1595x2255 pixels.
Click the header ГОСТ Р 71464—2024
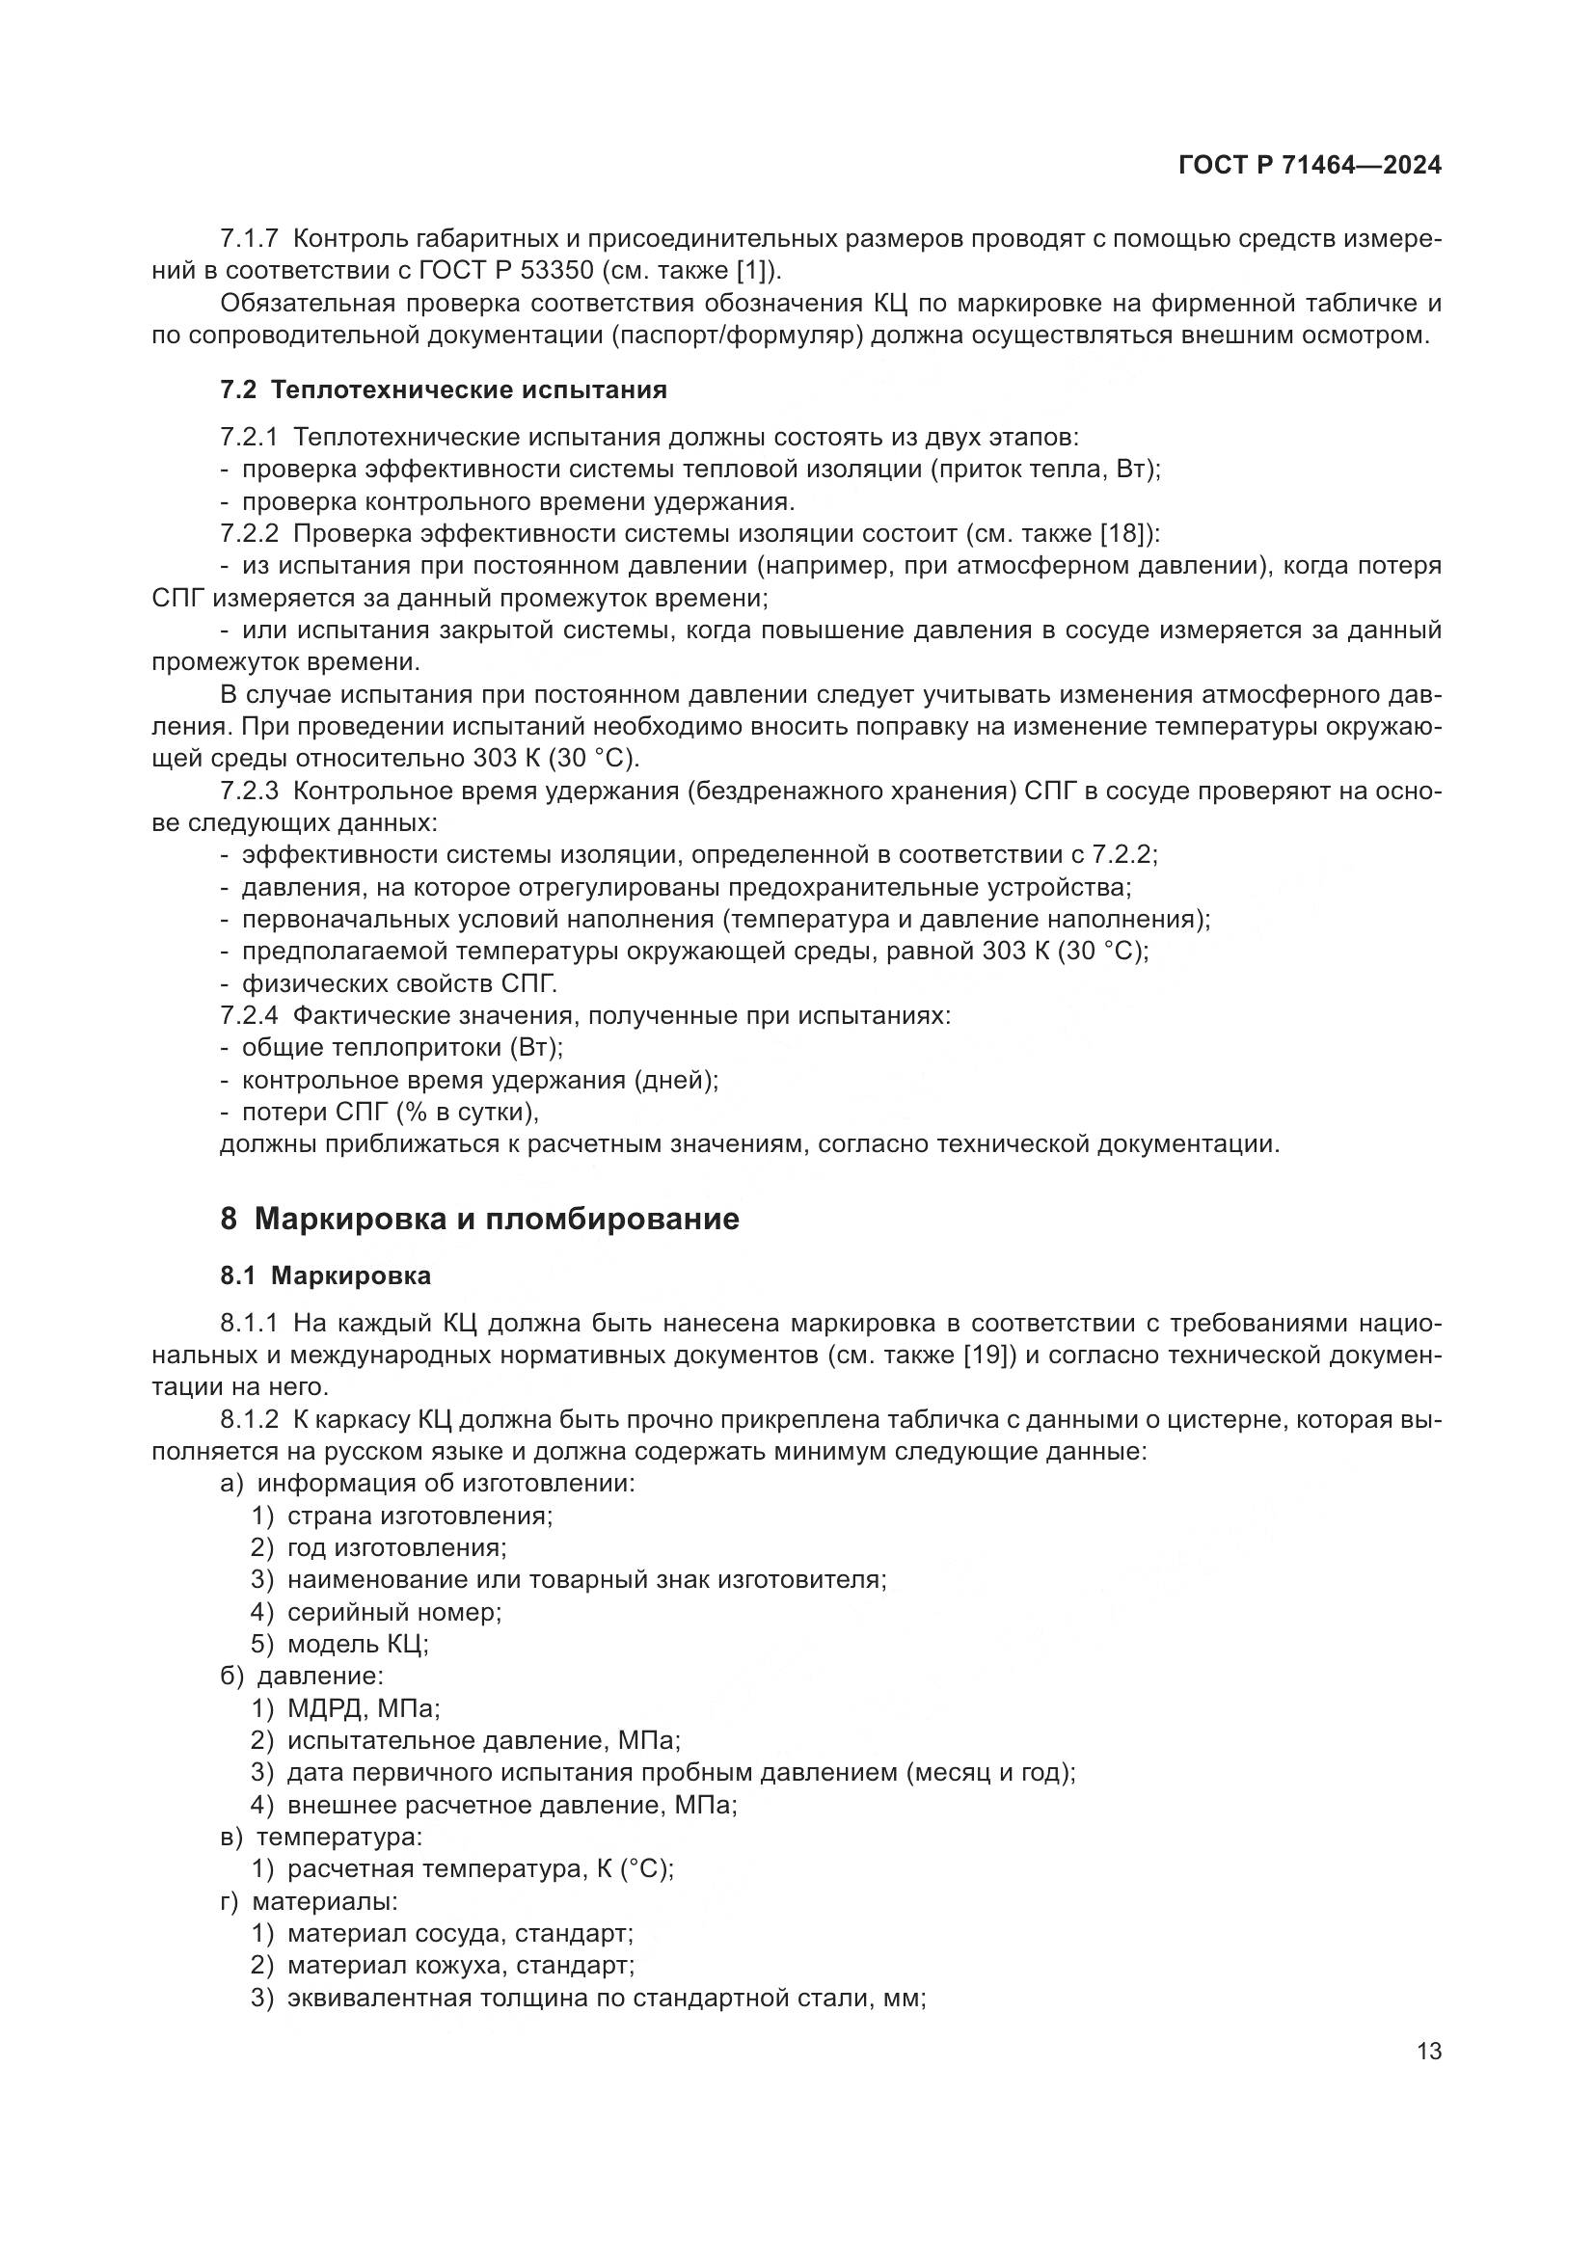[1310, 165]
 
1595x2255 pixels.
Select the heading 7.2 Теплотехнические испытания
[443, 389]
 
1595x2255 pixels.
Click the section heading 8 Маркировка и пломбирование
[479, 1220]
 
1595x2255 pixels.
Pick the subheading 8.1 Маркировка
[325, 1275]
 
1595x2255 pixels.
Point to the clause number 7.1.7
[249, 239]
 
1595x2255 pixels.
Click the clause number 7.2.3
[249, 791]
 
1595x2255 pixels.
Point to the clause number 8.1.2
[249, 1419]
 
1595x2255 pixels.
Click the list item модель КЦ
[358, 1644]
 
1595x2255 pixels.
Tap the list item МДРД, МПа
[364, 1708]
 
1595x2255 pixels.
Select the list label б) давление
[302, 1676]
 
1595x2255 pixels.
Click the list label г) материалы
[309, 1901]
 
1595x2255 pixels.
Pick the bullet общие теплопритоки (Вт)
[402, 1048]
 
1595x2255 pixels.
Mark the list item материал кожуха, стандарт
[461, 1965]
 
